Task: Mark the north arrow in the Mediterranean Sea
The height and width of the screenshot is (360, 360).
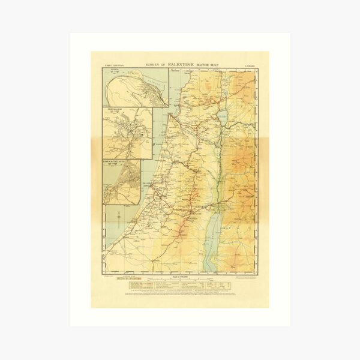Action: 118,215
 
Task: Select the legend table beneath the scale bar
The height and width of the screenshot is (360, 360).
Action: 180,286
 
